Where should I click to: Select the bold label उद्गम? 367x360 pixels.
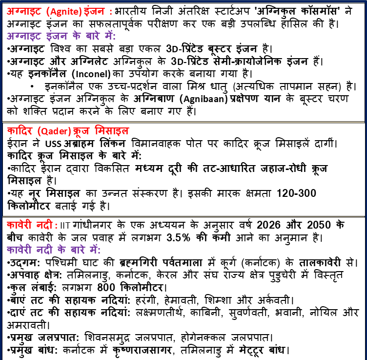point(21,262)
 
